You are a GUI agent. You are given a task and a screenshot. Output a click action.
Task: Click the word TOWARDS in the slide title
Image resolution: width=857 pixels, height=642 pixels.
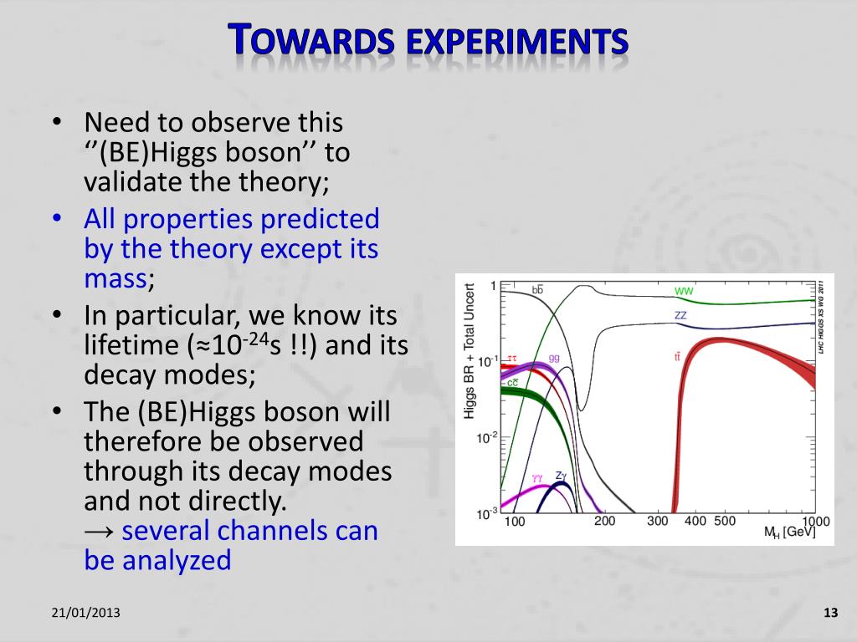pos(310,39)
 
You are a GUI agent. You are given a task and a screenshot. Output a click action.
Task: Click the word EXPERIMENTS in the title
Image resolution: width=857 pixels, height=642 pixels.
pos(517,42)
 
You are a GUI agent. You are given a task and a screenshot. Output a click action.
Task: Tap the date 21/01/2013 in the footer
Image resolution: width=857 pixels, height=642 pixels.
pos(86,613)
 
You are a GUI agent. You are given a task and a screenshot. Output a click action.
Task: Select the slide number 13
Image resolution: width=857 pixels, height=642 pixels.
pos(831,613)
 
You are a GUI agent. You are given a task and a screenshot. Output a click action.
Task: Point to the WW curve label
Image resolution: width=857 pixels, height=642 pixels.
pos(684,291)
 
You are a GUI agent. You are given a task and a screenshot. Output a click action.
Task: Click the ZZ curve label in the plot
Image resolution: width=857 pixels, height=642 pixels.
pos(680,315)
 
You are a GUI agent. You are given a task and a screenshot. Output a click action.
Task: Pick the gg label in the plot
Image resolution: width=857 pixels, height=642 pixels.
pos(554,358)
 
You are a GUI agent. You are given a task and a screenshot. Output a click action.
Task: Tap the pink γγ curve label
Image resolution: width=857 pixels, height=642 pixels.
pos(538,478)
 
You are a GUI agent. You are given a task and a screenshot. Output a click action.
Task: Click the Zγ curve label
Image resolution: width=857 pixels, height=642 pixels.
pos(561,476)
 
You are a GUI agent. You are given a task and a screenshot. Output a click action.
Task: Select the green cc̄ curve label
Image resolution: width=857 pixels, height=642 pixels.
pos(512,383)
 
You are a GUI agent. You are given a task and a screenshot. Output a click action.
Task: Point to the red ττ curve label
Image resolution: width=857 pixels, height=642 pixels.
pos(511,359)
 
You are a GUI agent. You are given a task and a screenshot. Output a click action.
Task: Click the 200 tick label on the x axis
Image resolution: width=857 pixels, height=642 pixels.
pos(604,522)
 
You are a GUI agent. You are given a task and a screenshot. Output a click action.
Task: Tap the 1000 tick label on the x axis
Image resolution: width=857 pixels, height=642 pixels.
pos(816,522)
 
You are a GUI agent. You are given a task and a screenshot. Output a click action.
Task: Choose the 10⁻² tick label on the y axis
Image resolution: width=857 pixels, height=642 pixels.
pos(486,437)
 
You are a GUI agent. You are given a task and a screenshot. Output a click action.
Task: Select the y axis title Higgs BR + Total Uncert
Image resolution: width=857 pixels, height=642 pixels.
pos(469,351)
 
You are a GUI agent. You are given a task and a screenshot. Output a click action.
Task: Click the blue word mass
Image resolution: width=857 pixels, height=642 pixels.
pos(115,279)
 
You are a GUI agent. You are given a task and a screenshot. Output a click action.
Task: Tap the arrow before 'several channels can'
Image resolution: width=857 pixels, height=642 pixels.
pos(99,532)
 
